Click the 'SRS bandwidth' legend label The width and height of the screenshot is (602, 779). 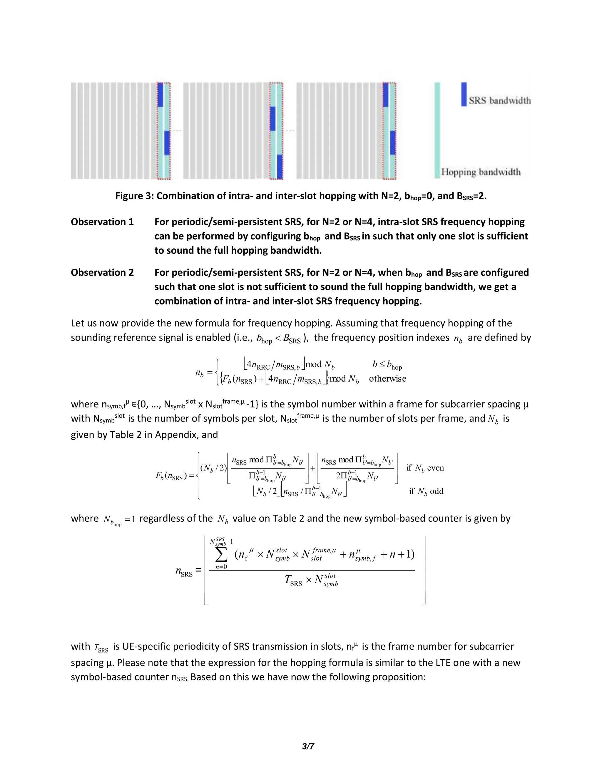tap(499, 101)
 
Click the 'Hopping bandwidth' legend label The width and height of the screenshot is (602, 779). tap(481, 172)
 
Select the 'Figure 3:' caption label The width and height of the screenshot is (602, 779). tap(134, 196)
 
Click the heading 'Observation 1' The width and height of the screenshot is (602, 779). tap(102, 222)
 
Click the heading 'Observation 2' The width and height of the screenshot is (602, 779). tap(102, 273)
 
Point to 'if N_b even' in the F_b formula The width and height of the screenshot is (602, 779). tap(425, 468)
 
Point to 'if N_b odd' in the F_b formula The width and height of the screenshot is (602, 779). tap(426, 491)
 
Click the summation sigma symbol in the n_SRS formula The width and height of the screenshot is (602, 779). tap(221, 554)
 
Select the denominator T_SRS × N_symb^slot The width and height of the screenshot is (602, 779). tap(311, 580)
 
